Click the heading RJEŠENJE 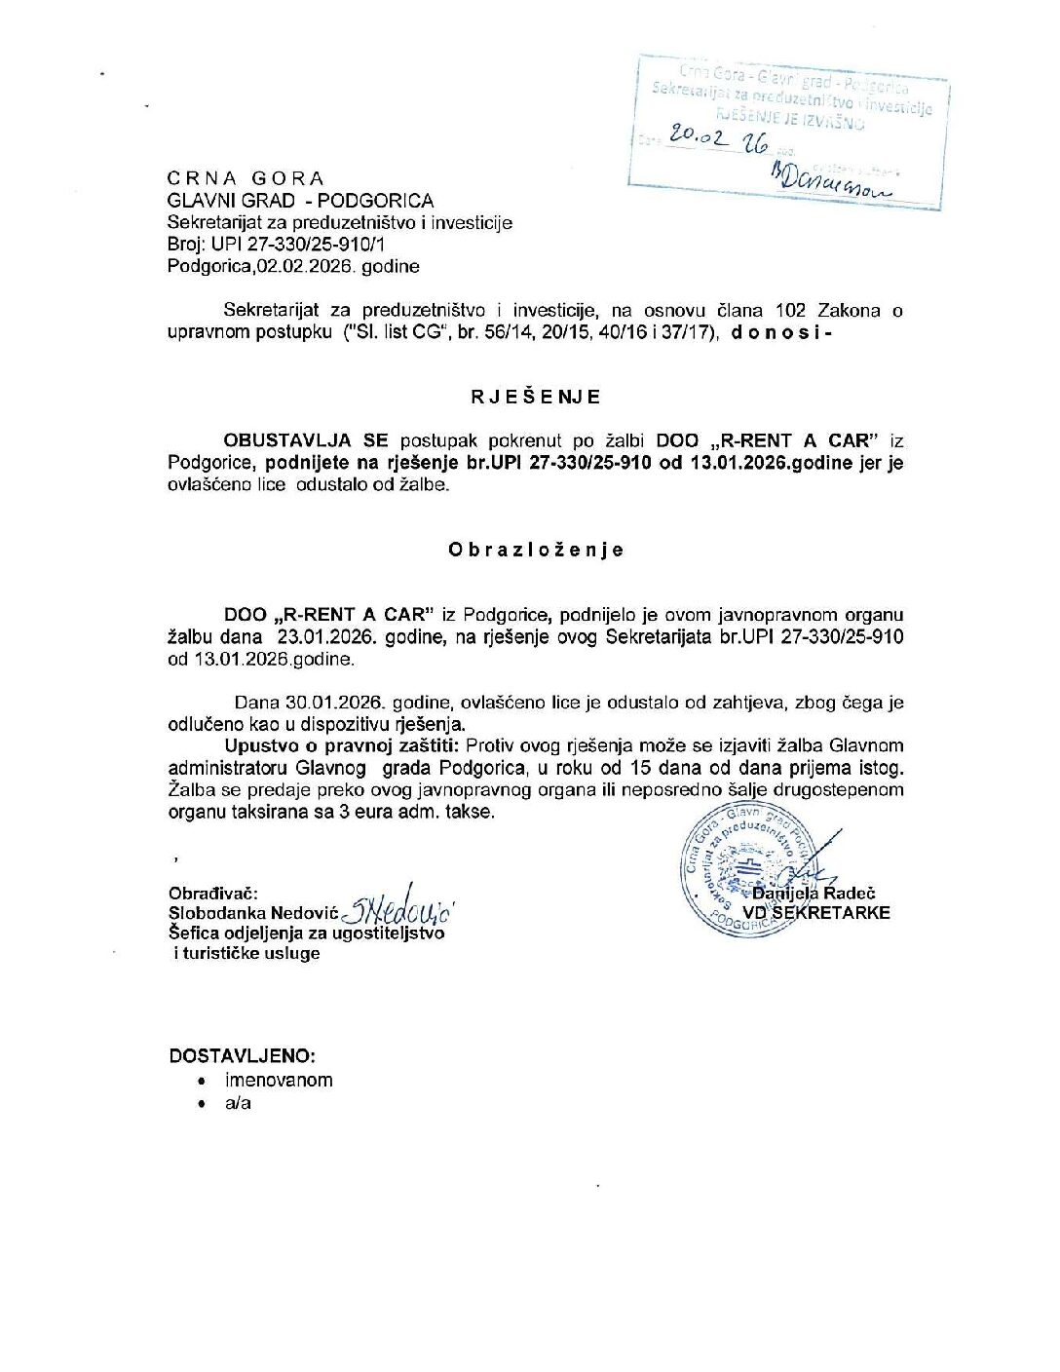pos(535,397)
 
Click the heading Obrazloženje pos(535,550)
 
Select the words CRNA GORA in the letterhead pos(246,178)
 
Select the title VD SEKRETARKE pos(816,913)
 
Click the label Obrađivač pos(212,893)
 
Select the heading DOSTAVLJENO pos(242,1056)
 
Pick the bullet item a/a pos(238,1103)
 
